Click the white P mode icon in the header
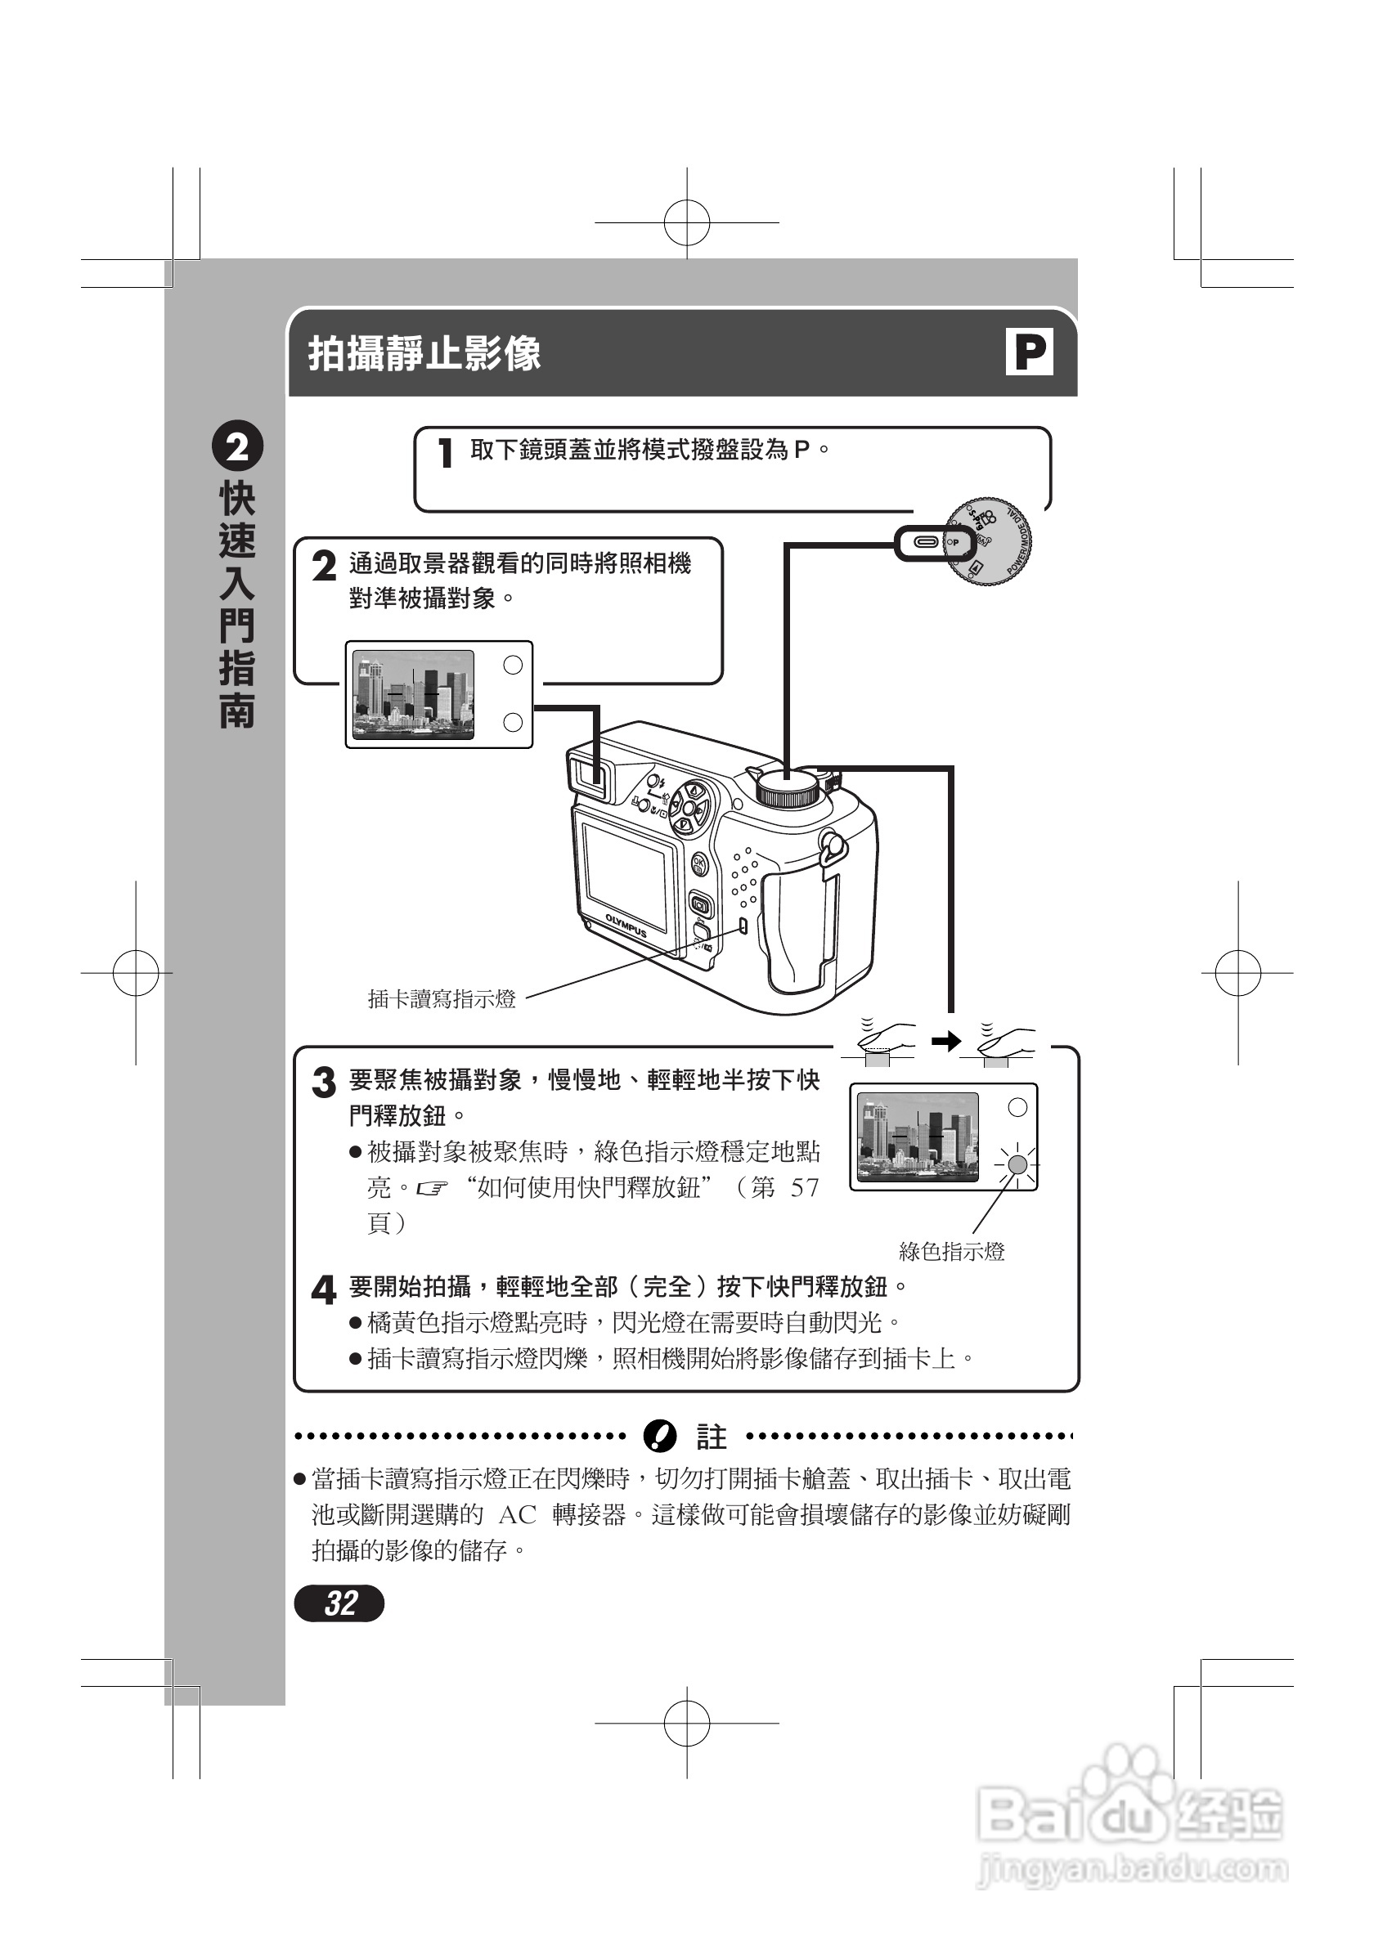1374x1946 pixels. point(1029,352)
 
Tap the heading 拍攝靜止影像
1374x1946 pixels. point(424,353)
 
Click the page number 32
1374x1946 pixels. point(339,1603)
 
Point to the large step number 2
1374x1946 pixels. point(324,566)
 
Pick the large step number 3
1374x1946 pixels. point(324,1083)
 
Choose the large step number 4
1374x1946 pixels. point(324,1290)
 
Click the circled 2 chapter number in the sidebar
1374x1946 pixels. point(236,446)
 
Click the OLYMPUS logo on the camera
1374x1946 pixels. point(626,926)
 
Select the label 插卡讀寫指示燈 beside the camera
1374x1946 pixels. point(442,999)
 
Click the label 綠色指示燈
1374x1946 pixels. point(951,1252)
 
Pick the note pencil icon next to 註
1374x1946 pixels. point(660,1437)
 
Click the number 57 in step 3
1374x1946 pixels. point(805,1187)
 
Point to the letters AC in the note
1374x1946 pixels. point(517,1514)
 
